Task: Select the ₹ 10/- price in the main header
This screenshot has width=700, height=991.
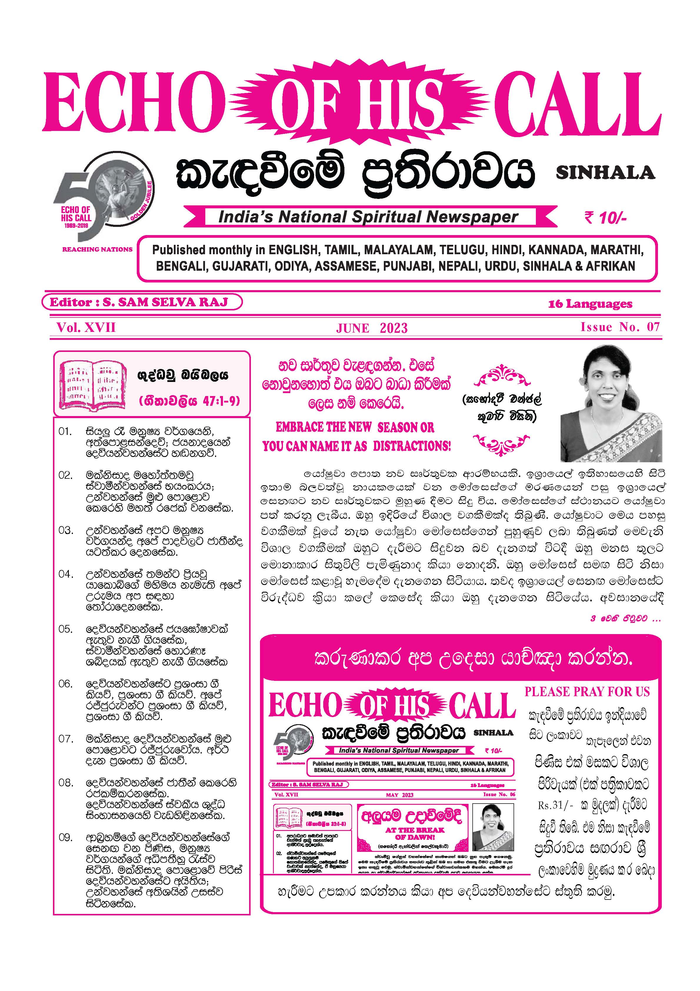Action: point(605,218)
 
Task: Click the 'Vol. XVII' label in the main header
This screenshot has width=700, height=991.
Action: point(86,327)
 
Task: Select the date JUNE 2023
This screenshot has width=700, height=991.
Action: point(371,328)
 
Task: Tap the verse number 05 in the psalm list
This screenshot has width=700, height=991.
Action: point(65,629)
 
